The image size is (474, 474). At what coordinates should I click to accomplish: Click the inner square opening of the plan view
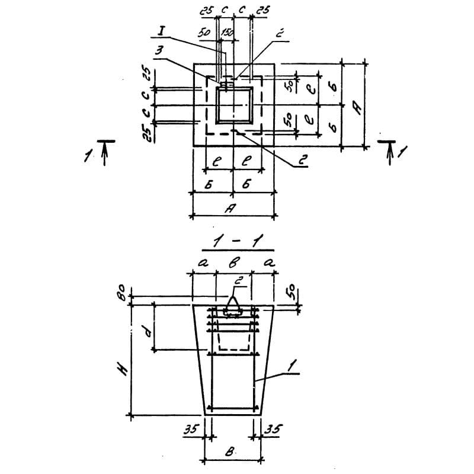(x=233, y=105)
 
